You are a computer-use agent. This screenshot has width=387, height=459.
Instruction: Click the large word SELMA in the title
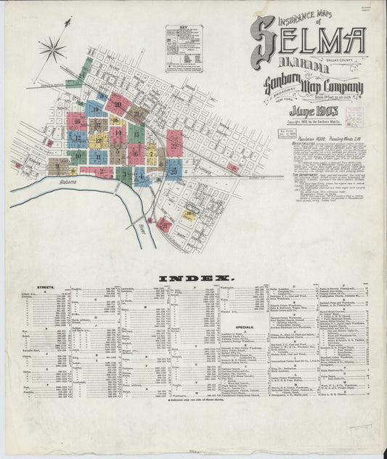(x=308, y=44)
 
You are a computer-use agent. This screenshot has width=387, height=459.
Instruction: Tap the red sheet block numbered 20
(x=118, y=105)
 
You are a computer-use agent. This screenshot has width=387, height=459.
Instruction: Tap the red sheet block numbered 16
(x=78, y=121)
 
